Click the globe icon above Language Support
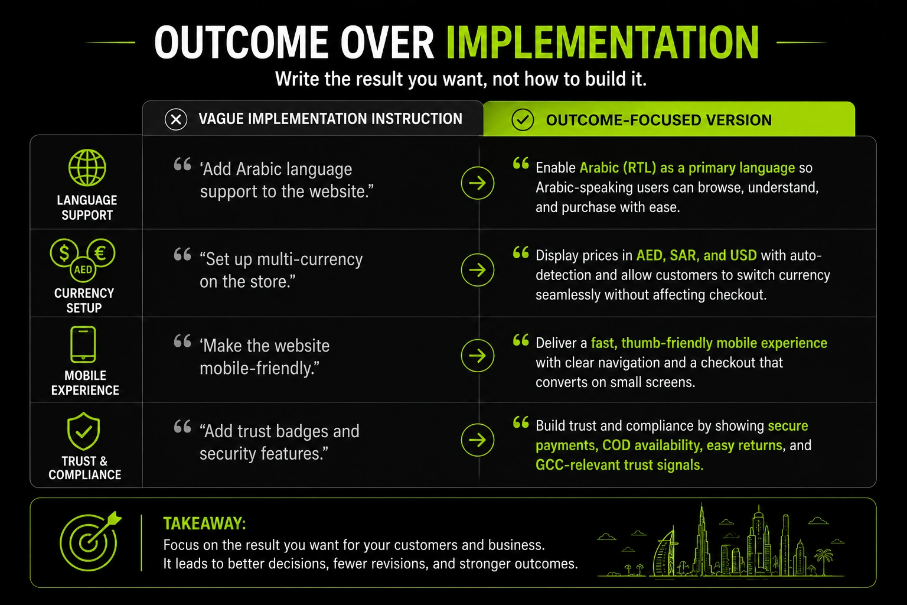(87, 168)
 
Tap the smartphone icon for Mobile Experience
(83, 344)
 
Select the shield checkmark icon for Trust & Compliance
(83, 431)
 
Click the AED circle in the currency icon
(83, 269)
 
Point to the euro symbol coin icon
(101, 253)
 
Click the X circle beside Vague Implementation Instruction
(176, 119)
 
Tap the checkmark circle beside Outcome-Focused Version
(523, 119)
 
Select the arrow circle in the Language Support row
(478, 183)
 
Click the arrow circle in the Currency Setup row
(478, 270)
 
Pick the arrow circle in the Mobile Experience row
(478, 356)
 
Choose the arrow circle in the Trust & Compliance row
(478, 440)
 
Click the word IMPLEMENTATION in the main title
(602, 42)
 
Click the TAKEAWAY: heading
(204, 523)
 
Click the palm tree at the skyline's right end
(824, 561)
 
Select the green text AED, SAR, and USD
(696, 255)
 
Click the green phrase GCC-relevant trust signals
(619, 465)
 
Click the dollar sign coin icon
(64, 253)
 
